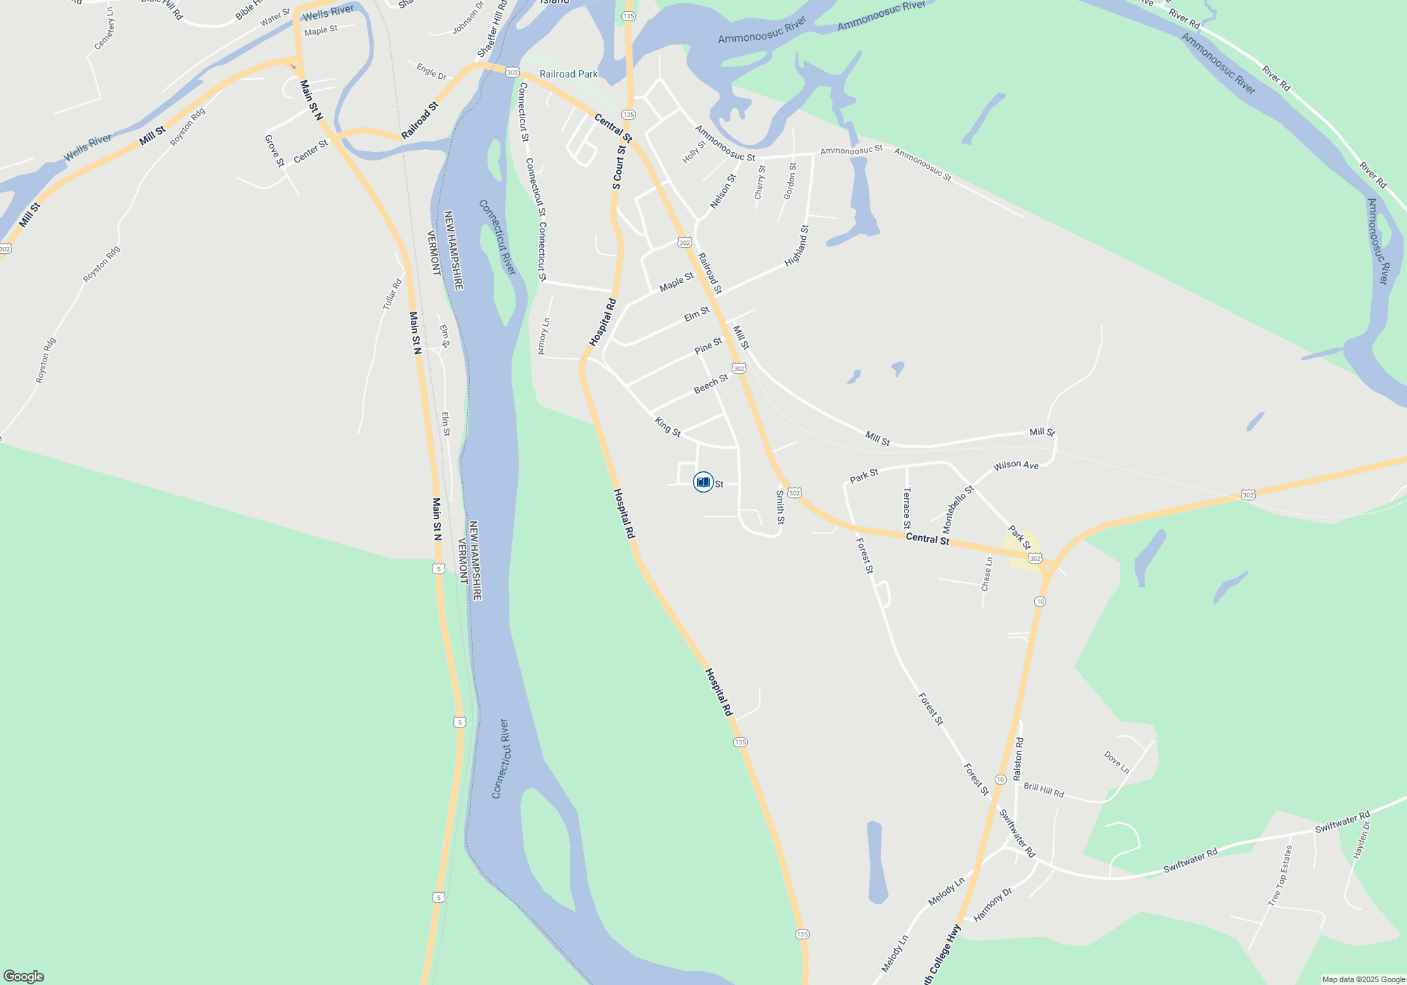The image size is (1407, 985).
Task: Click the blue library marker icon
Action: coord(703,482)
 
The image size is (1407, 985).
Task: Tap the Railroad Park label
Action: coord(568,74)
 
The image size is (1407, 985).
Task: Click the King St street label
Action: coord(668,426)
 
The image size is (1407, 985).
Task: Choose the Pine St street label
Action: coord(708,345)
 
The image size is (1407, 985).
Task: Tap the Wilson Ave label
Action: coord(1016,465)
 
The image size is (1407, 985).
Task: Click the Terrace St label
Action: coord(907,508)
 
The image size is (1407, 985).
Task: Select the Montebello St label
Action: coord(958,509)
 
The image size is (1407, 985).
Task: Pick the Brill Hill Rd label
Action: coord(1043,790)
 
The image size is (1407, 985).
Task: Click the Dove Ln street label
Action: coord(1116,762)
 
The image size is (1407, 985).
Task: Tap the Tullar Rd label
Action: coord(392,294)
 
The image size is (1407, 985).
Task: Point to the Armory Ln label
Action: coord(544,336)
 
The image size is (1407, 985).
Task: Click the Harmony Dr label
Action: coord(993,905)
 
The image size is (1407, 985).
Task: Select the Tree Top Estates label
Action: coord(1280,875)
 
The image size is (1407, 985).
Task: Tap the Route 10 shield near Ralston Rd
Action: coord(1000,780)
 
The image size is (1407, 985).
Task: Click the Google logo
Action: coord(24,977)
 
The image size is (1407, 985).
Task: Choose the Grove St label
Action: coord(274,151)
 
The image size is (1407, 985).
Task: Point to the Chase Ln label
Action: coord(987,573)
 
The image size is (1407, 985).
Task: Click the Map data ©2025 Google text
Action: coord(1363,979)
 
